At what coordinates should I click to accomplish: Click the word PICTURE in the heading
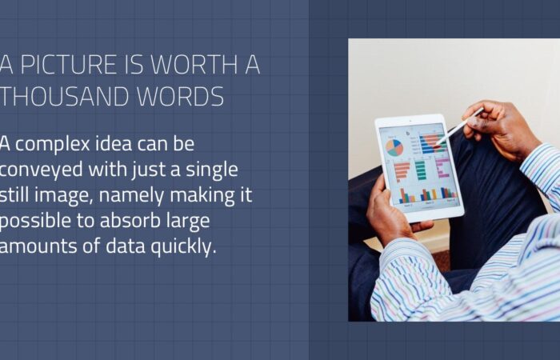pos(69,64)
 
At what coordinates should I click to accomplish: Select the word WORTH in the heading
pos(194,64)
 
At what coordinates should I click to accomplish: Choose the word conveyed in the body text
pos(42,170)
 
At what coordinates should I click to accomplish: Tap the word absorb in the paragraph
pos(130,220)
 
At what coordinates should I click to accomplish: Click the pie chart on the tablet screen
pos(394,147)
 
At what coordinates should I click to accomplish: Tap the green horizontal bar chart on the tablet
pos(420,170)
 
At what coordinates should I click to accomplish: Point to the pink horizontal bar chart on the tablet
pos(442,167)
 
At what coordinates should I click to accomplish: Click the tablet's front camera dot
pos(410,122)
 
